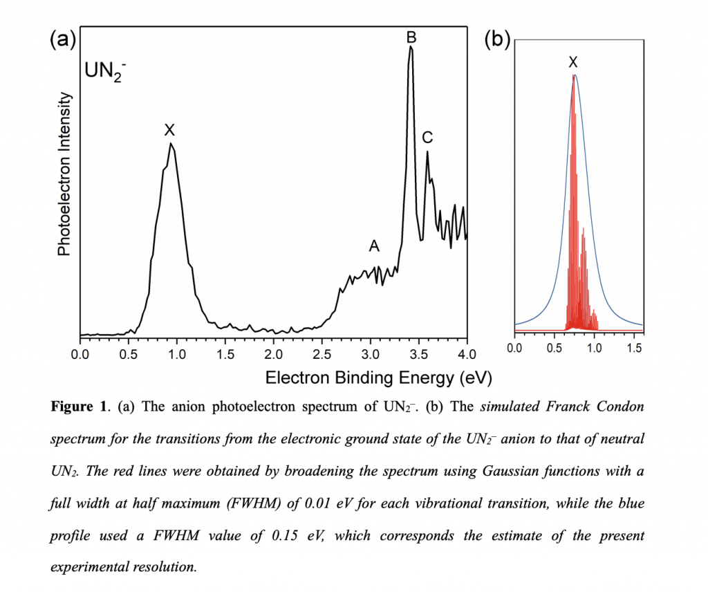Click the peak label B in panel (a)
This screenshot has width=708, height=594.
click(x=411, y=36)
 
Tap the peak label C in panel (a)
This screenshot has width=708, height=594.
click(x=427, y=137)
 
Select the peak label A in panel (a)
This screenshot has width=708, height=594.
click(x=374, y=246)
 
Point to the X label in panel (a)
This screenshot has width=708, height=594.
click(x=169, y=129)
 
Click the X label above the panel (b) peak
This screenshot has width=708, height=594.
click(x=573, y=62)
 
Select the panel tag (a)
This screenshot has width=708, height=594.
click(x=62, y=39)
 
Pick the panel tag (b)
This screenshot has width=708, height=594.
click(x=496, y=39)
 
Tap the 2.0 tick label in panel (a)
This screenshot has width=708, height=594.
click(x=274, y=355)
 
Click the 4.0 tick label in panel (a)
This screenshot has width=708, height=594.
click(x=467, y=355)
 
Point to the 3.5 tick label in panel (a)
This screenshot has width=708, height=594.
click(x=419, y=355)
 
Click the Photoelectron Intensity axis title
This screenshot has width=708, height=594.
click(x=64, y=174)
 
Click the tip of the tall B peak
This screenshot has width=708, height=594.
click(x=411, y=47)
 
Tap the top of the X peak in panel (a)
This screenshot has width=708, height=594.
click(x=171, y=144)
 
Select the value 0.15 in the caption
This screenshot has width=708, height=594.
click(x=304, y=535)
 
